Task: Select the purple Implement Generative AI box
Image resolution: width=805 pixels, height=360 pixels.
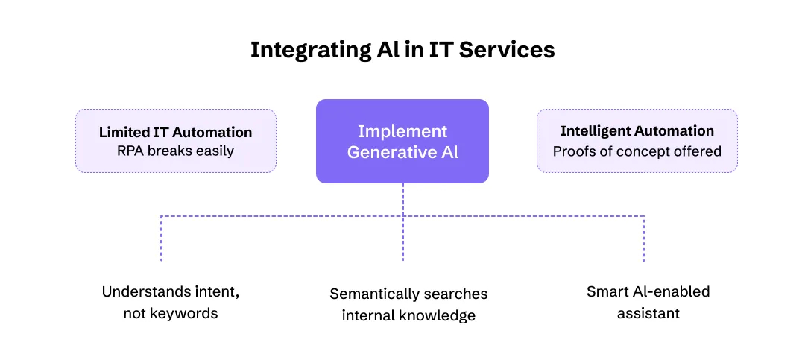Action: pos(402,141)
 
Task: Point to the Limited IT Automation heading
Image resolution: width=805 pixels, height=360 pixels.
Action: pos(175,132)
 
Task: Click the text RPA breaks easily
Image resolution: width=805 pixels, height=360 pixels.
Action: pos(175,151)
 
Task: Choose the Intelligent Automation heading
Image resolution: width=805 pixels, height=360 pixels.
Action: pos(637,131)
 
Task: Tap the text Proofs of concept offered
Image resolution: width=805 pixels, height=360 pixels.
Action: pos(637,151)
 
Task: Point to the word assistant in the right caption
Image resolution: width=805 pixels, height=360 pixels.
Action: pos(648,313)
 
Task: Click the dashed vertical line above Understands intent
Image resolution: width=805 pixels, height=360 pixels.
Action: pos(161,239)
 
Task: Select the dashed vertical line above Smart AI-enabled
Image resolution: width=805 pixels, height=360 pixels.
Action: pos(644,239)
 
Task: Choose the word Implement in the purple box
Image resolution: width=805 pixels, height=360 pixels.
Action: pos(402,132)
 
